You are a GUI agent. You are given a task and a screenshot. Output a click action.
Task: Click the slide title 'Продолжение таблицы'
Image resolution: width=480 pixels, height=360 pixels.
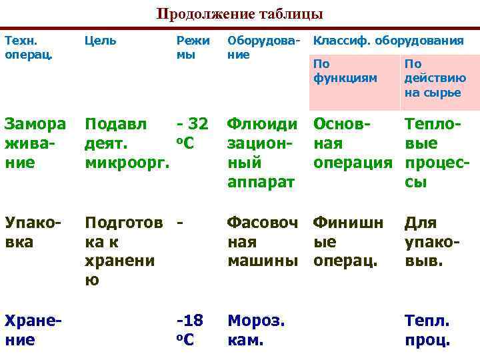(239, 14)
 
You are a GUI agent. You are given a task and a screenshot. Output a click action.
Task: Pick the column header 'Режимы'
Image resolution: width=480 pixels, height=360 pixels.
(193, 47)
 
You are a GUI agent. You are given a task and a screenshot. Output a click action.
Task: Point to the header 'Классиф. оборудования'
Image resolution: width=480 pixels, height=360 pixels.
(389, 41)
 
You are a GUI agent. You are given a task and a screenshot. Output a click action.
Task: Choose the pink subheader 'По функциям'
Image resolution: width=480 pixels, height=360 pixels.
(345, 71)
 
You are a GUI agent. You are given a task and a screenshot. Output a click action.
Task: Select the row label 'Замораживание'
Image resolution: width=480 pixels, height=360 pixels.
(35, 143)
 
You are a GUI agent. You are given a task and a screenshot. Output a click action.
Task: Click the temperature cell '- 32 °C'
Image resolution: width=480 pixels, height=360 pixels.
(192, 133)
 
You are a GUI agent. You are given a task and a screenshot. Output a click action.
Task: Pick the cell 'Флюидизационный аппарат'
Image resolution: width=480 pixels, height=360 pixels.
(262, 153)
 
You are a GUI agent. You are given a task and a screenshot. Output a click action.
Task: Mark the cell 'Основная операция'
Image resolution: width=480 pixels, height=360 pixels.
(353, 143)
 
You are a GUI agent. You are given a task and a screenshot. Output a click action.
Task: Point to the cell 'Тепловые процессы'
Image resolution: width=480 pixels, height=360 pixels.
(437, 153)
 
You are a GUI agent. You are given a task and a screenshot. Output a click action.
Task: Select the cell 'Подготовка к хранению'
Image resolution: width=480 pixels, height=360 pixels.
(123, 251)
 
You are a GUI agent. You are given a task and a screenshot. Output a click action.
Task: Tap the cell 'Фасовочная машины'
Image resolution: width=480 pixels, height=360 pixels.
(262, 241)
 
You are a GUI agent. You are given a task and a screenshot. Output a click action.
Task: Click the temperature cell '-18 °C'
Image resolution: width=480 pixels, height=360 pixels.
(189, 330)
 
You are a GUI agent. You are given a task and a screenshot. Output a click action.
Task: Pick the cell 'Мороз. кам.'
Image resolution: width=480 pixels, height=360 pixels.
(256, 330)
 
